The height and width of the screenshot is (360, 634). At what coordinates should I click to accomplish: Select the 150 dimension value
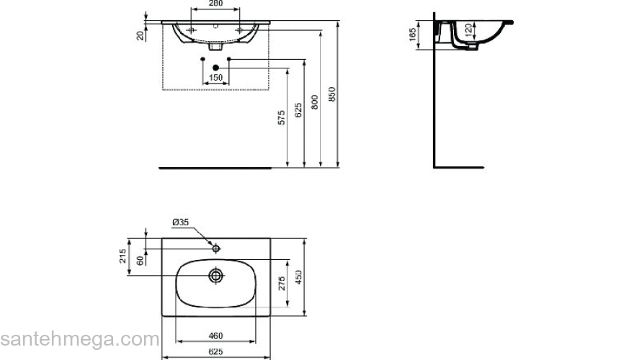pyautogui.click(x=215, y=78)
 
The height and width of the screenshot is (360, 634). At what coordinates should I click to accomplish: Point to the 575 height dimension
pyautogui.click(x=282, y=117)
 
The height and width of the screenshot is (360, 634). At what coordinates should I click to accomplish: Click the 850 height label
pyautogui.click(x=331, y=94)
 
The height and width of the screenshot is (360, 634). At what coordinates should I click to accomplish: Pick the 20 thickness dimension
pyautogui.click(x=140, y=35)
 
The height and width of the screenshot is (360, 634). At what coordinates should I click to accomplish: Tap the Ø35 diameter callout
pyautogui.click(x=180, y=222)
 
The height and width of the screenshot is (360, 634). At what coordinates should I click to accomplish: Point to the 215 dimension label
pyautogui.click(x=123, y=256)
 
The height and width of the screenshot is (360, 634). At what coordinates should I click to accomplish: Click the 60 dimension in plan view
pyautogui.click(x=140, y=261)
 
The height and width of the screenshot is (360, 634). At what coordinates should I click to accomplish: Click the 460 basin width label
pyautogui.click(x=215, y=336)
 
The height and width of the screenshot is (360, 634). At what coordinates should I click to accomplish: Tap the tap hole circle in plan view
pyautogui.click(x=215, y=248)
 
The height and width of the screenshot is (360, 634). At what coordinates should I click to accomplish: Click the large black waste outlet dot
pyautogui.click(x=215, y=68)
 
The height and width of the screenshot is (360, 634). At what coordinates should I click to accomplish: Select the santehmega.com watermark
pyautogui.click(x=79, y=338)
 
